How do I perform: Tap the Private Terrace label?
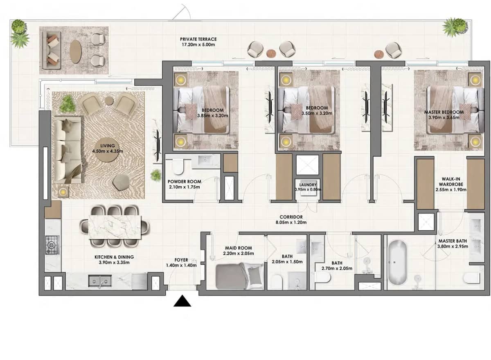pyautogui.click(x=198, y=39)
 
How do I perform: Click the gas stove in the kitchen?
pyautogui.click(x=52, y=245)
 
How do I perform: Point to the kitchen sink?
pyautogui.click(x=100, y=281)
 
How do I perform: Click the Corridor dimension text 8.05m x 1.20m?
pyautogui.click(x=291, y=222)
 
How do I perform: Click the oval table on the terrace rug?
pyautogui.click(x=75, y=52)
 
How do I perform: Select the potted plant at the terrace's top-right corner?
pyautogui.click(x=454, y=27)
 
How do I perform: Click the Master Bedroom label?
pyautogui.click(x=444, y=112)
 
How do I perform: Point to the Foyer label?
pyautogui.click(x=181, y=260)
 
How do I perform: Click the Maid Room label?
pyautogui.click(x=238, y=248)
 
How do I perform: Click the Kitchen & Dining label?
pyautogui.click(x=114, y=257)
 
